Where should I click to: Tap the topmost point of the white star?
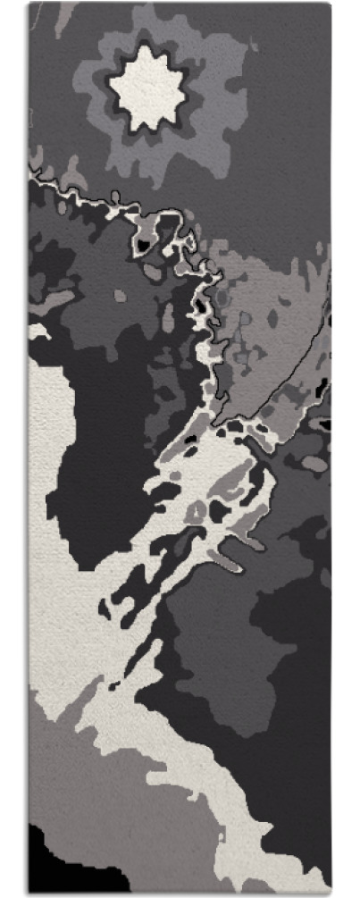146,49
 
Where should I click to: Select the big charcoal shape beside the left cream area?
103,465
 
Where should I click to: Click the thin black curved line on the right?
295,366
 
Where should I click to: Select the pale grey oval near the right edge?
314,463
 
